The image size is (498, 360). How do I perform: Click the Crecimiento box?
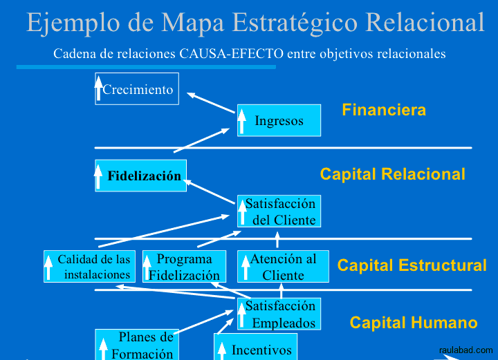[137, 89]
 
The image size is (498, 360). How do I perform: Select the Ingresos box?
[279, 120]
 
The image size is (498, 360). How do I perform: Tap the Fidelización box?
[141, 176]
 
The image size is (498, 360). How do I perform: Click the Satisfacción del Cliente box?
[279, 211]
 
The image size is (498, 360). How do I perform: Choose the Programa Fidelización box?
[184, 267]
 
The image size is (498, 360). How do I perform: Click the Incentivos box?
[255, 347]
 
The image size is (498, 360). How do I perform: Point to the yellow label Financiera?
[384, 110]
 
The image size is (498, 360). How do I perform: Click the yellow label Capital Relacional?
[392, 174]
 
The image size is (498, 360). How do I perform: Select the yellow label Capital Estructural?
[412, 265]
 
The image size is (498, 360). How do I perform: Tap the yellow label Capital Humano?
[413, 323]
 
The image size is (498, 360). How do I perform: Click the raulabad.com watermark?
[465, 350]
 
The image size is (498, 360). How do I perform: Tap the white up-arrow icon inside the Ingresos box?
[241, 122]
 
